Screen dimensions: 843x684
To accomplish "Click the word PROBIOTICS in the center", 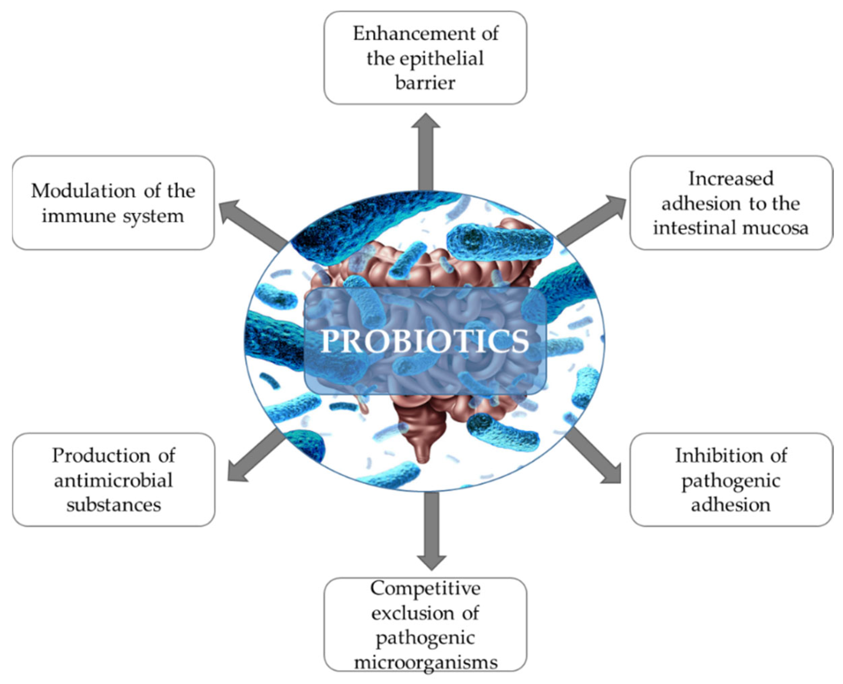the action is click(425, 341).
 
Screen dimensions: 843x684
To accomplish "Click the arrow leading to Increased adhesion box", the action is click(591, 219).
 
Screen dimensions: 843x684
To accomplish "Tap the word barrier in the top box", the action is click(425, 83).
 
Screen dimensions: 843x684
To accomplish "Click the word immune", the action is click(79, 216).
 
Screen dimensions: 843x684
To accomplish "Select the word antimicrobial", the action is click(114, 480).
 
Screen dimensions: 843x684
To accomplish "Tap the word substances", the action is click(114, 505).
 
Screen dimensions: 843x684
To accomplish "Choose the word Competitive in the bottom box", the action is click(425, 589).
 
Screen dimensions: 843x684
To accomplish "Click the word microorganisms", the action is click(425, 662).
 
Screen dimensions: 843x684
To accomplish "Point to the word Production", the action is click(100, 456).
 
